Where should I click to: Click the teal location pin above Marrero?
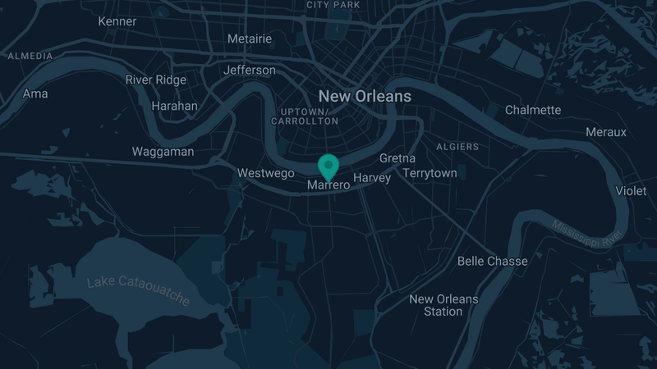pos(328,166)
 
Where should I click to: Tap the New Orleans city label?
pos(365,96)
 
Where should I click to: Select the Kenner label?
pos(117,20)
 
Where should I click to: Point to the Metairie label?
pos(249,39)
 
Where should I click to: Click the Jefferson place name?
pos(250,70)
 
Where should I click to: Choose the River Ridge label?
pos(156,80)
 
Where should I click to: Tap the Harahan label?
pos(175,106)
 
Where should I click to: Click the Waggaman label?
pos(163,152)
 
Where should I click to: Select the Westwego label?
pos(265,173)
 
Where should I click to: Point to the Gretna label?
pos(397,157)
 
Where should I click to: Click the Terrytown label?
pos(430,174)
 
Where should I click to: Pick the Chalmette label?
pos(533,110)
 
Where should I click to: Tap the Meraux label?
pos(606,132)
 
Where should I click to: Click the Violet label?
pos(631,191)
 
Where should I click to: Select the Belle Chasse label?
pos(493,261)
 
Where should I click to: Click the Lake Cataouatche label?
pos(139,291)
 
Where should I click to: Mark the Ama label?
pos(35,93)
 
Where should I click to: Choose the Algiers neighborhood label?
pos(458,147)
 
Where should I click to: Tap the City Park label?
pos(333,5)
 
